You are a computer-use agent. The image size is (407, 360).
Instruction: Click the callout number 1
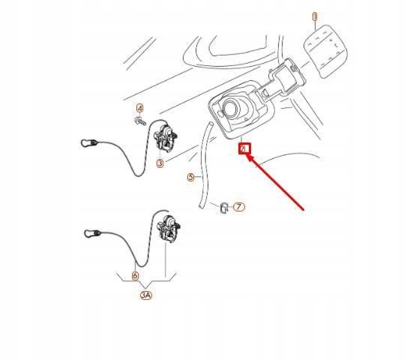pyautogui.click(x=315, y=16)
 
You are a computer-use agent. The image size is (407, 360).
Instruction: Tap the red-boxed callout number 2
pyautogui.click(x=244, y=148)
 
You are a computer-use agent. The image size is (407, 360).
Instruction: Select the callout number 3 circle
pyautogui.click(x=160, y=163)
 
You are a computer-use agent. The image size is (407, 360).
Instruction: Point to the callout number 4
pyautogui.click(x=139, y=109)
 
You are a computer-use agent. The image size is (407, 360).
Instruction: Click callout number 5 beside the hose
pyautogui.click(x=190, y=178)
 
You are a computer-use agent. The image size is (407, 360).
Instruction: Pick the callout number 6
pyautogui.click(x=135, y=275)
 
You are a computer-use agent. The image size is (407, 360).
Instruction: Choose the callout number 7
pyautogui.click(x=238, y=206)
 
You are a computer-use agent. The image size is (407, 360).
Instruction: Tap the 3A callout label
pyautogui.click(x=145, y=295)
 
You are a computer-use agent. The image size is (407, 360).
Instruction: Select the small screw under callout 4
pyautogui.click(x=140, y=121)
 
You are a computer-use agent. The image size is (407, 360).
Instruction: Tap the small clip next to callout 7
pyautogui.click(x=223, y=207)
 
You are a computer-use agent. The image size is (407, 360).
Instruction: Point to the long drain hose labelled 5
pyautogui.click(x=203, y=165)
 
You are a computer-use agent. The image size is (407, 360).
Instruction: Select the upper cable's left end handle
pyautogui.click(x=90, y=142)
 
